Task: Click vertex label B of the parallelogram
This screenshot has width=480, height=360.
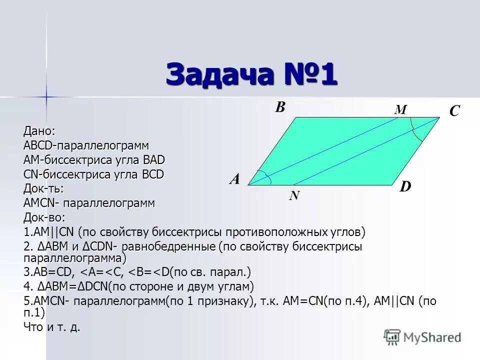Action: pyautogui.click(x=280, y=107)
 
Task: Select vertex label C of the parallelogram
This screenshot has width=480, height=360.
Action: pyautogui.click(x=454, y=111)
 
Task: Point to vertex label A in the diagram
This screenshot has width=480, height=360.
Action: pyautogui.click(x=234, y=179)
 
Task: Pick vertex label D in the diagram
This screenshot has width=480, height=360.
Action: pyautogui.click(x=405, y=187)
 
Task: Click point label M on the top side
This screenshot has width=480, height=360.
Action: pyautogui.click(x=400, y=110)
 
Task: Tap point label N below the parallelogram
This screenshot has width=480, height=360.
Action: pyautogui.click(x=294, y=196)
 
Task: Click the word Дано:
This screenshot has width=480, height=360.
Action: pyautogui.click(x=39, y=131)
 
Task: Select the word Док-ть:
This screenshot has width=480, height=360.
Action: pyautogui.click(x=43, y=189)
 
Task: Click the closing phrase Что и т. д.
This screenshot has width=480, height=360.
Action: pyautogui.click(x=52, y=328)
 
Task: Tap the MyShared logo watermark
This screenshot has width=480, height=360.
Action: pyautogui.click(x=422, y=337)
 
